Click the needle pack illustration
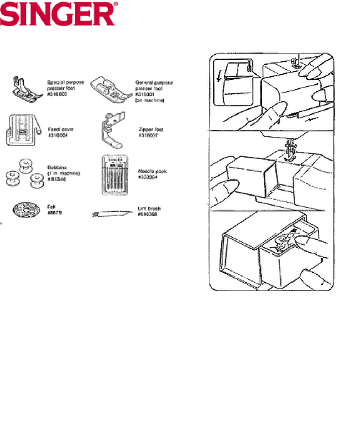(x=115, y=175)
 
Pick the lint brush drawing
(x=109, y=214)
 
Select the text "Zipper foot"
(x=151, y=130)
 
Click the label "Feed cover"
(x=61, y=129)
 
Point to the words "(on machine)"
(x=149, y=101)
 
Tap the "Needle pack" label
(x=152, y=171)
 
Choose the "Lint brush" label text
(x=149, y=208)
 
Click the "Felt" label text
(x=51, y=207)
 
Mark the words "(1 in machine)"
(x=64, y=173)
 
